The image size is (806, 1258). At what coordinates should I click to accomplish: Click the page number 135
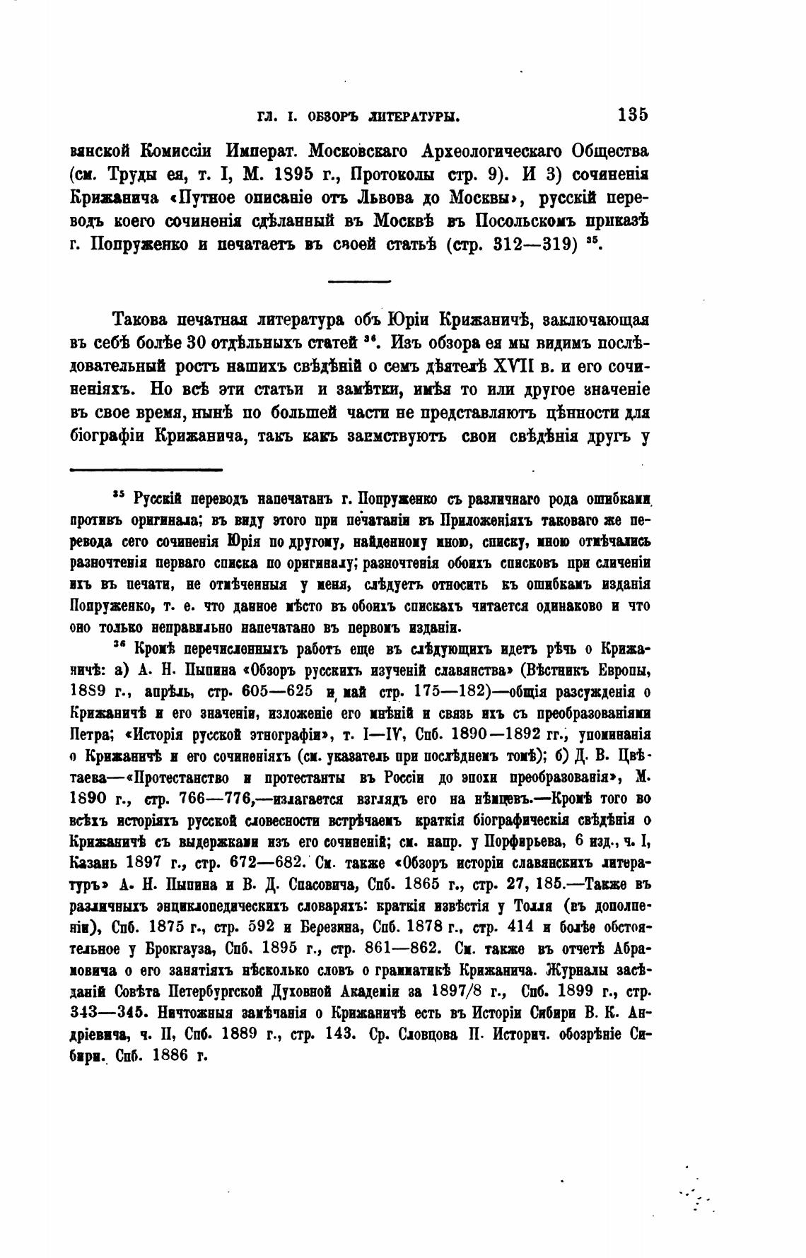click(x=632, y=115)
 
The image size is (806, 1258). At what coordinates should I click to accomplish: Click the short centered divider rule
click(x=360, y=283)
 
